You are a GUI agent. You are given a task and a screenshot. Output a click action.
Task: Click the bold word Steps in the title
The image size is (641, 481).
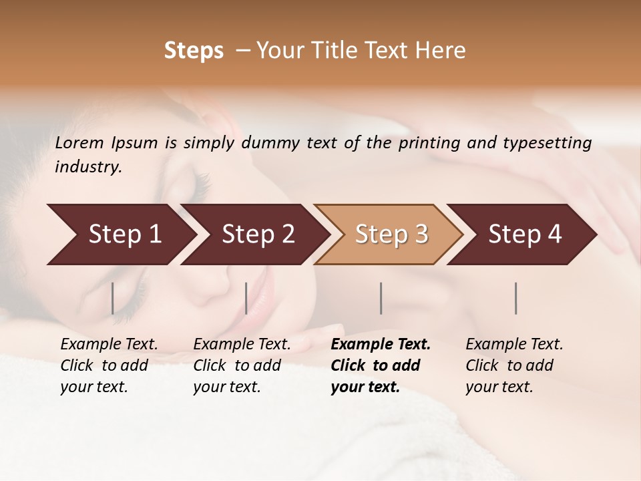pos(194,51)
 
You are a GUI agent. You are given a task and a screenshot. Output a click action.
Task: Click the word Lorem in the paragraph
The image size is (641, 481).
pos(79,143)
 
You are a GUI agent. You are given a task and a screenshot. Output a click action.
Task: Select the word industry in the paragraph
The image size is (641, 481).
pos(88,167)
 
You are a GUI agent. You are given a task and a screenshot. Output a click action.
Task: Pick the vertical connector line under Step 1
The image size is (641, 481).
pos(112,298)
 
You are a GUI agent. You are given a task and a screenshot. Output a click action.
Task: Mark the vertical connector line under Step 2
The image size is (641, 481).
pos(246,298)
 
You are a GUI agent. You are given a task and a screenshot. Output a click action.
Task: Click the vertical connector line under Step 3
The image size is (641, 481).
pos(381,298)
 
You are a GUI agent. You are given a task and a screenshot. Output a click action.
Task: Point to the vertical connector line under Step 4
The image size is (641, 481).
pos(516,298)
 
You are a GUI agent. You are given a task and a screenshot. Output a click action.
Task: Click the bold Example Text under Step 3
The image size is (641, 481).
pos(381,345)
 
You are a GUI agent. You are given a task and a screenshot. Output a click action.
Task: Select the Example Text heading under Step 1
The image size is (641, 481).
pos(109,345)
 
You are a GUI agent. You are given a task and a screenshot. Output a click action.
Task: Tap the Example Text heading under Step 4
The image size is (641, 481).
pos(514,345)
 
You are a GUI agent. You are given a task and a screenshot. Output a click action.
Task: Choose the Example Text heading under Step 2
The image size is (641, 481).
pos(242,345)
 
